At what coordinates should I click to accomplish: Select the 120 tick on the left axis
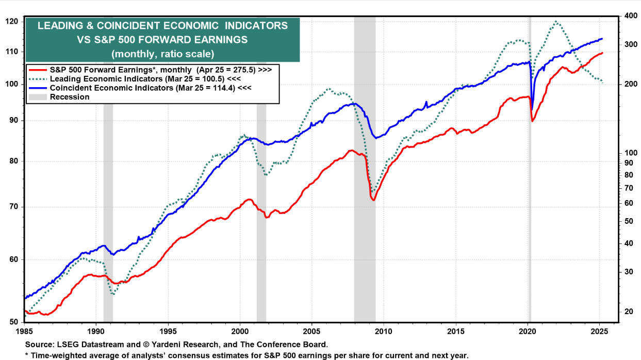pyautogui.click(x=12, y=22)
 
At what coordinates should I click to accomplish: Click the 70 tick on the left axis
pyautogui.click(x=12, y=207)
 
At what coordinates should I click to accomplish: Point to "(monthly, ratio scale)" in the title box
pyautogui.click(x=162, y=53)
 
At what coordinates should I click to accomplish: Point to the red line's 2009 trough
pyautogui.click(x=373, y=200)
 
